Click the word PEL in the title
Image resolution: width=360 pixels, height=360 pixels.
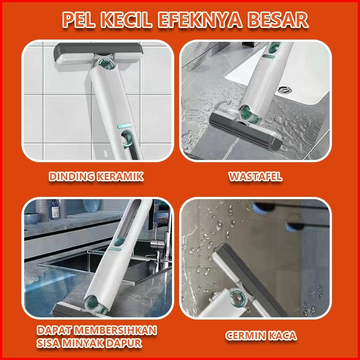click(78, 20)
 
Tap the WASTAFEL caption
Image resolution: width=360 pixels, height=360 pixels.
click(256, 176)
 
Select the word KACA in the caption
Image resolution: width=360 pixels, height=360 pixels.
click(282, 336)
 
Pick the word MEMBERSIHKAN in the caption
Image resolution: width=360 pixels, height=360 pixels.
click(116, 330)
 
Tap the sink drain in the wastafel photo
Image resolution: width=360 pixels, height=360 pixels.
click(284, 89)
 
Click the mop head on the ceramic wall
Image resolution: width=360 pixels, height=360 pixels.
click(98, 53)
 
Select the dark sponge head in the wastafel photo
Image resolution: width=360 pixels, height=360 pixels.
click(246, 133)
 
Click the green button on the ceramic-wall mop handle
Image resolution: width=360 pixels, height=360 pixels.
click(125, 126)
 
